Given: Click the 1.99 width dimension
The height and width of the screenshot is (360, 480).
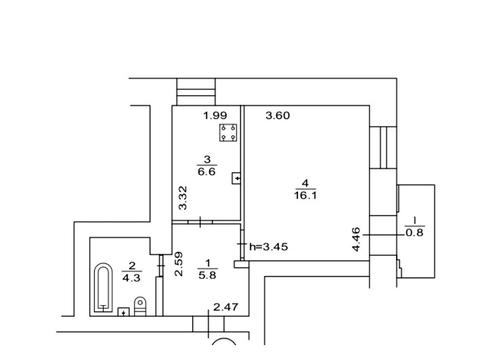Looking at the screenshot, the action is pyautogui.click(x=215, y=116).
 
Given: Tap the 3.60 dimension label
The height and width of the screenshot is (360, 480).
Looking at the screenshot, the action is pyautogui.click(x=278, y=115).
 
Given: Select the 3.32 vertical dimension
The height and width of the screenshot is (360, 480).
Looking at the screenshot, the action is pyautogui.click(x=183, y=198).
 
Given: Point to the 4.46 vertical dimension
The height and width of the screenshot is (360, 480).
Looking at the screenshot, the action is pyautogui.click(x=356, y=239).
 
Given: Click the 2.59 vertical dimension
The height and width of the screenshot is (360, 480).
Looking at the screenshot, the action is pyautogui.click(x=179, y=264).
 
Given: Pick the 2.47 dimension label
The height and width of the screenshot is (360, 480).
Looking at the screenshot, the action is pyautogui.click(x=226, y=307).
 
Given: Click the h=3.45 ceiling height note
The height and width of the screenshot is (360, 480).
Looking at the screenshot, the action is pyautogui.click(x=269, y=247).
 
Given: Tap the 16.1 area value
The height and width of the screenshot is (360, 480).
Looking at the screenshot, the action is pyautogui.click(x=305, y=195).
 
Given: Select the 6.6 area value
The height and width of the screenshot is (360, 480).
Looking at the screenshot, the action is pyautogui.click(x=207, y=172).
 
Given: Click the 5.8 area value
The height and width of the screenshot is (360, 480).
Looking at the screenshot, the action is pyautogui.click(x=207, y=275).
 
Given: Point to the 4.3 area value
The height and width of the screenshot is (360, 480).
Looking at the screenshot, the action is pyautogui.click(x=131, y=277).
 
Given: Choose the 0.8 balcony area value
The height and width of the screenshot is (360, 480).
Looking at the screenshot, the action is pyautogui.click(x=414, y=232).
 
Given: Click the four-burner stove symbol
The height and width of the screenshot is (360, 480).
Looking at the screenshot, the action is pyautogui.click(x=228, y=132).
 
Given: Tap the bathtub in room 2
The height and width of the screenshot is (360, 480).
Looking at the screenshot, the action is pyautogui.click(x=103, y=288).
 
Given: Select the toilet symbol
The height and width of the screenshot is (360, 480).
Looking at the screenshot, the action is pyautogui.click(x=140, y=306).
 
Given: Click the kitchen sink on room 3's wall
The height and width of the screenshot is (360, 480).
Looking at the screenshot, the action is pyautogui.click(x=236, y=178).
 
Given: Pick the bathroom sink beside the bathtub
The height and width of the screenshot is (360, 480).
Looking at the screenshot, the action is pyautogui.click(x=124, y=312).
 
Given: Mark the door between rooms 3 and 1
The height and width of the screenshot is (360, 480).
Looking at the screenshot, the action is pyautogui.click(x=200, y=222).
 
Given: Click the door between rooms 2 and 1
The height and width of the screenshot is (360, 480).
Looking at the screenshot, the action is pyautogui.click(x=161, y=266).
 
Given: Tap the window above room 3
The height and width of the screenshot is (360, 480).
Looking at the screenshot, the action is pyautogui.click(x=196, y=92).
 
